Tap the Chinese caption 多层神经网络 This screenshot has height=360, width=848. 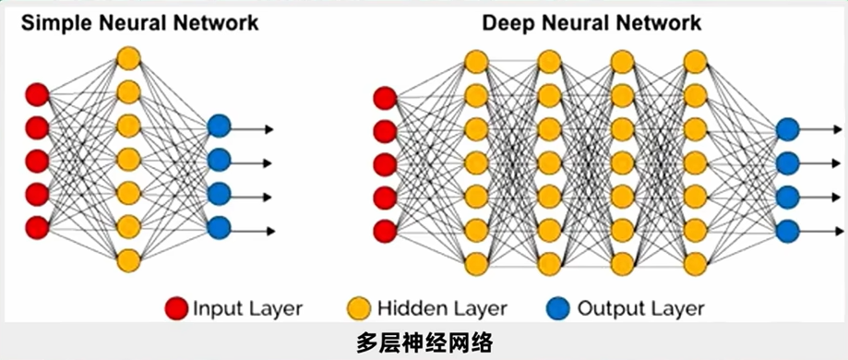424,342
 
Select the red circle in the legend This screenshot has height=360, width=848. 176,307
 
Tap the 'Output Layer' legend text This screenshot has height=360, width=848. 640,308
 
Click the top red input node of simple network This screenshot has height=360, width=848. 37,93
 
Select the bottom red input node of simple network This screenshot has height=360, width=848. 37,227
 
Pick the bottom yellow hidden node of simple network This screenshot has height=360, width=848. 128,260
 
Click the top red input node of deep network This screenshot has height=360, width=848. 385,97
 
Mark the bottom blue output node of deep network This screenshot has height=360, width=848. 787,230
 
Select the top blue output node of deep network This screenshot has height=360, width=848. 787,129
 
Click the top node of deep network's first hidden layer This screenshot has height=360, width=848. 476,62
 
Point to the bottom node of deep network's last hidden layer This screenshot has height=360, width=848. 696,263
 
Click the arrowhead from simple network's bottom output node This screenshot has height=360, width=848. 269,230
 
